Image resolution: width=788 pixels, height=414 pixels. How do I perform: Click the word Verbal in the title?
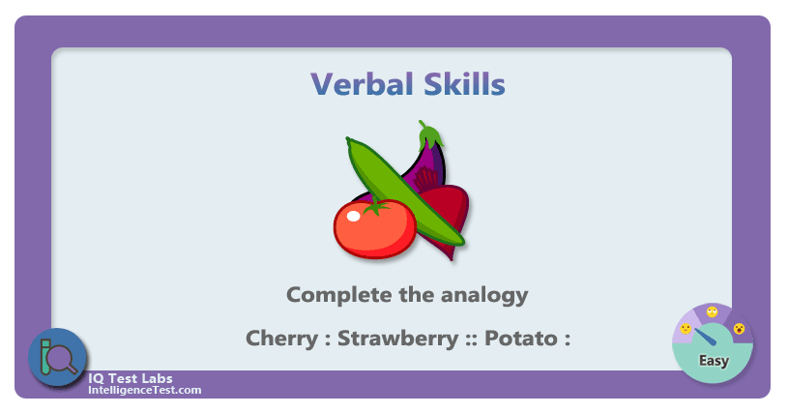[362, 84]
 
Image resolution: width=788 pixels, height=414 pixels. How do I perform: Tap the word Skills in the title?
[464, 83]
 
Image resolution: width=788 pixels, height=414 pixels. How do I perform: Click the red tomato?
[375, 228]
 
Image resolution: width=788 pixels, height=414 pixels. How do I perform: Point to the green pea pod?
[405, 192]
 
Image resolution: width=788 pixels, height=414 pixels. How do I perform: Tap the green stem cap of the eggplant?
[430, 133]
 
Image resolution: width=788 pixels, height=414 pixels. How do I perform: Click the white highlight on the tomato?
[353, 216]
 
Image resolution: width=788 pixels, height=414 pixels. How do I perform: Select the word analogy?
[484, 296]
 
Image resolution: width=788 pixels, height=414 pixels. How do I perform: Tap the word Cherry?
[282, 339]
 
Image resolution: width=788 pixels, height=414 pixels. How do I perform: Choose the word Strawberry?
[397, 338]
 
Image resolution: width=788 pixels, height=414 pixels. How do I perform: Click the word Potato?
[520, 338]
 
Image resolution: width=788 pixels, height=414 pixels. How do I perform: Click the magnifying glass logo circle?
[57, 357]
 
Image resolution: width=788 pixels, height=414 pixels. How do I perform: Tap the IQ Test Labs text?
[131, 378]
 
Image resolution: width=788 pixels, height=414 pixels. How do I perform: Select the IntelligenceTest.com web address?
[145, 391]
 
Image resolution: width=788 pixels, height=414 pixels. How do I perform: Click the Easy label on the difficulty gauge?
[714, 361]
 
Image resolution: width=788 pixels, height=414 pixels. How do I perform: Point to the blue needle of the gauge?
[705, 337]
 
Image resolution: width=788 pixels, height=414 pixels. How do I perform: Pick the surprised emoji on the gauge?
[739, 329]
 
